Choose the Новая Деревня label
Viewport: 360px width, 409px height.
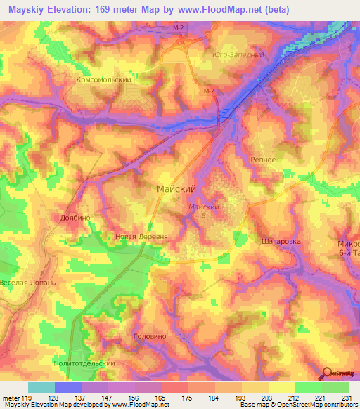pos(141,238)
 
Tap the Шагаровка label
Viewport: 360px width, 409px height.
pos(281,240)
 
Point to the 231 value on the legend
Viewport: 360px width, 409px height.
pos(345,398)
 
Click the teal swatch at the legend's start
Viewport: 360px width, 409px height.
pos(41,387)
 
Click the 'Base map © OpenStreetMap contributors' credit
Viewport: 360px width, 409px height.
pos(297,405)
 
